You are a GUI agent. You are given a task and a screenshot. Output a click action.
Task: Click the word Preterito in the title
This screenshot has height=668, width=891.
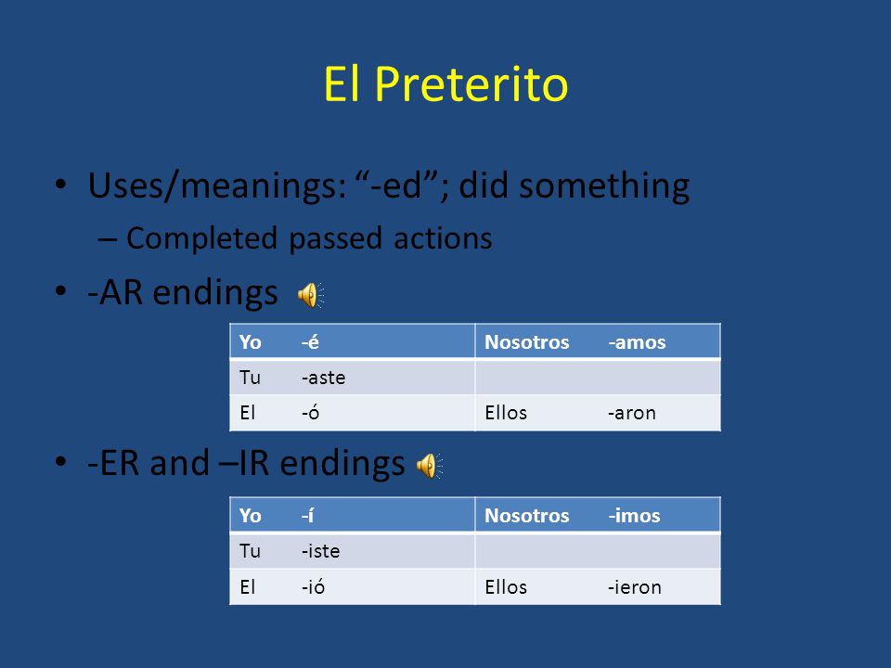tap(471, 84)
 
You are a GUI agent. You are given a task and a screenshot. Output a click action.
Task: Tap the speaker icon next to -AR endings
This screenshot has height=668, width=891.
tap(311, 295)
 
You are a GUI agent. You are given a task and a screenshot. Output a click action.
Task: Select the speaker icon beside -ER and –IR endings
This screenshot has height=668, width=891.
tap(430, 466)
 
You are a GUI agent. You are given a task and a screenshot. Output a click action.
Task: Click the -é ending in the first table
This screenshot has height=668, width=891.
tap(310, 342)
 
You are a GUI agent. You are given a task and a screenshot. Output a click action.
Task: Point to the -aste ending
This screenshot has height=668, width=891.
tap(323, 378)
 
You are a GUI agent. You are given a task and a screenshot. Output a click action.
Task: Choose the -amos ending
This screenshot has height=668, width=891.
tap(637, 342)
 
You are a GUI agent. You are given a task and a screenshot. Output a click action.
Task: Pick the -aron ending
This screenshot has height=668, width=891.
tap(631, 413)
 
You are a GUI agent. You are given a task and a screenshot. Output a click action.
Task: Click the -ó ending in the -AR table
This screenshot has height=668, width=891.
tap(310, 412)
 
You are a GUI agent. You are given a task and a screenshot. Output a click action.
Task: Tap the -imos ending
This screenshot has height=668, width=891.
tap(634, 515)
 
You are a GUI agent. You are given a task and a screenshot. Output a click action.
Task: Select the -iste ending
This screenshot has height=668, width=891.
tap(320, 551)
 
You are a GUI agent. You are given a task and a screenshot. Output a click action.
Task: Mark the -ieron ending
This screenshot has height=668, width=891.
tap(634, 586)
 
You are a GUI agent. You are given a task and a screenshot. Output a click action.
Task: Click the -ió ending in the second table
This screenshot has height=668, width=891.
tap(313, 586)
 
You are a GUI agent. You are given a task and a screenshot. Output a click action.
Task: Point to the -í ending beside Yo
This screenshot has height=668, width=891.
tap(307, 515)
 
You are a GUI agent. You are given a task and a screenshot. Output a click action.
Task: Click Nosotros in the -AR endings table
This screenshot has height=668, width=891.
tap(527, 342)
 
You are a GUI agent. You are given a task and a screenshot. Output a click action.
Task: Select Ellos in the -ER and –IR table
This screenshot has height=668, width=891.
tap(506, 586)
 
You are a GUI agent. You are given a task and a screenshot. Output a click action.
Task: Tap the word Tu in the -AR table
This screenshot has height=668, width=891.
tap(250, 378)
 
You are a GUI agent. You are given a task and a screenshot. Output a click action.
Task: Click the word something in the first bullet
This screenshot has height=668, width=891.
tap(604, 186)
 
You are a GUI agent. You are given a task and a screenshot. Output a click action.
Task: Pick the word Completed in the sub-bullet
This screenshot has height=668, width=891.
tap(201, 239)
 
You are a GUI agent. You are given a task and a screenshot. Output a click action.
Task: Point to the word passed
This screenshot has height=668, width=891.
tap(335, 239)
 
